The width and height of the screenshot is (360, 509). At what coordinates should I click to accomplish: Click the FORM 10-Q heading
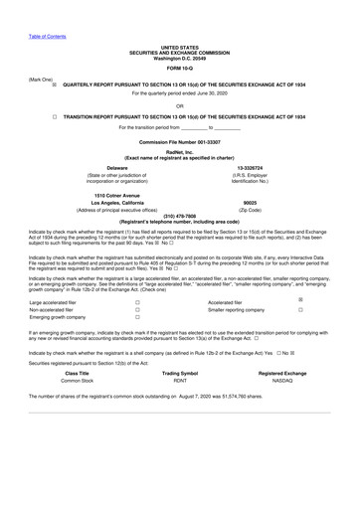pos(180,68)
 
